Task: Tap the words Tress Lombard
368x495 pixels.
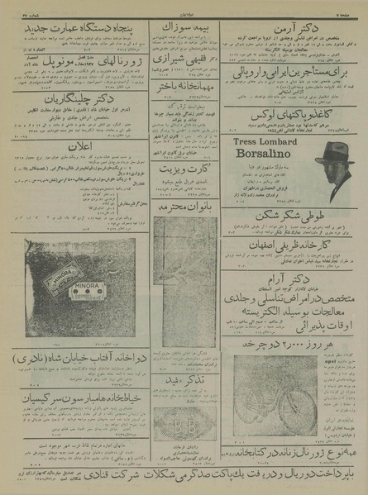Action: coord(266,142)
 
